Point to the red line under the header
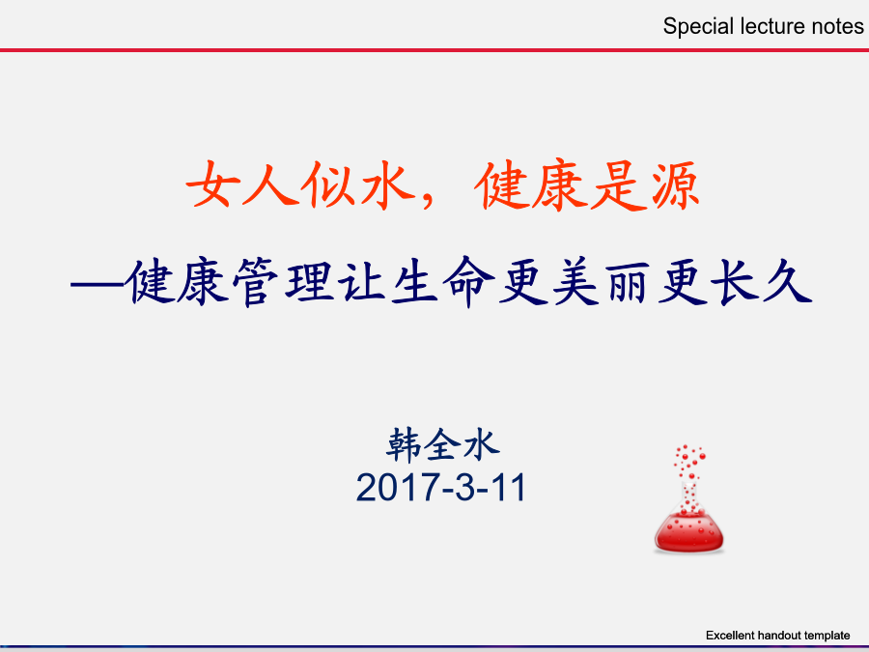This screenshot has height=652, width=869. (434, 50)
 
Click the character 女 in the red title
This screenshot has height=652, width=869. (212, 184)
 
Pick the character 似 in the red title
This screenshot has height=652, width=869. (328, 184)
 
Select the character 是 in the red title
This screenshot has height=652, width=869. (619, 185)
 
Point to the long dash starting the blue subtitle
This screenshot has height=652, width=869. (98, 285)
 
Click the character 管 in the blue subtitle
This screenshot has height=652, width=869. (256, 282)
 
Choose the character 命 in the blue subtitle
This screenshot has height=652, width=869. (468, 282)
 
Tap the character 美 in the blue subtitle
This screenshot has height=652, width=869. (575, 282)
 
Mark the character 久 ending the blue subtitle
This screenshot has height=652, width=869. (788, 282)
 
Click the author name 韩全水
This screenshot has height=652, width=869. (443, 444)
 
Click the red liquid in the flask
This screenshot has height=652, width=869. (688, 533)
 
